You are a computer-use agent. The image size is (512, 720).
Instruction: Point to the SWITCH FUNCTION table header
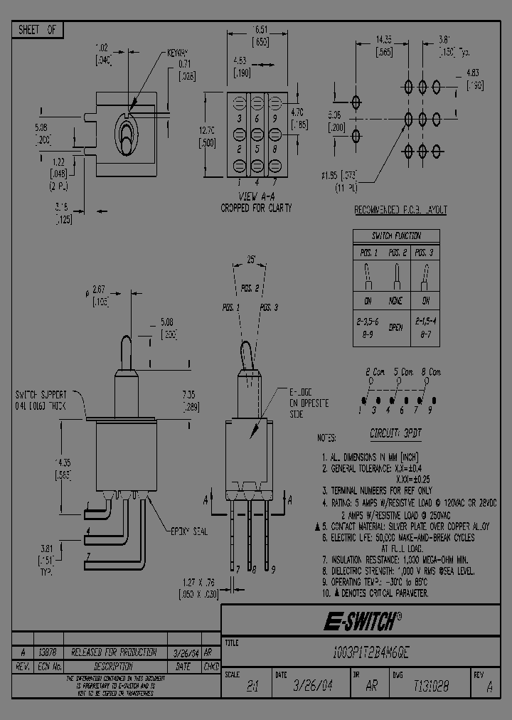396,236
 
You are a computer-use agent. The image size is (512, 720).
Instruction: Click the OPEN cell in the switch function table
396,327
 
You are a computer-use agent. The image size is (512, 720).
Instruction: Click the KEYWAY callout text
178,53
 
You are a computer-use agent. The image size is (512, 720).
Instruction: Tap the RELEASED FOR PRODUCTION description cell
114,651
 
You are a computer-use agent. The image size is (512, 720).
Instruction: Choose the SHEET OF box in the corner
37,30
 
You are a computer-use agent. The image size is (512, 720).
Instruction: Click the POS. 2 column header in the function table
396,253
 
